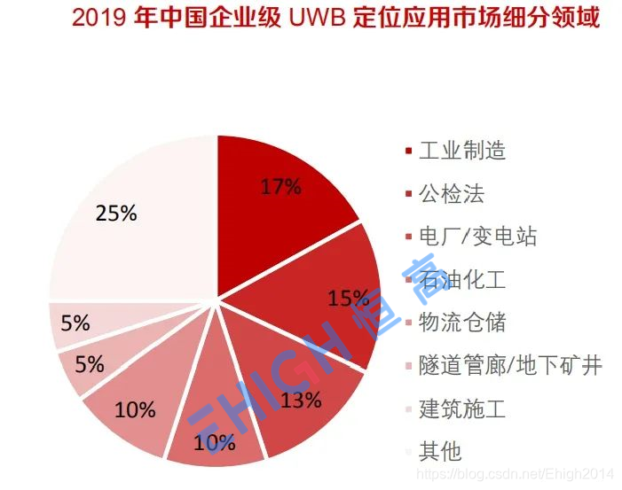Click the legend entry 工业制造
(x=461, y=151)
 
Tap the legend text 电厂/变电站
(x=477, y=237)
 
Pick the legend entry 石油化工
(x=461, y=280)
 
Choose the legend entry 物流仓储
(x=461, y=323)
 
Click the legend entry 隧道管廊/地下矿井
(x=510, y=365)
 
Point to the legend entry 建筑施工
(x=461, y=408)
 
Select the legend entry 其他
(x=440, y=451)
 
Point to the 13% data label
(x=302, y=400)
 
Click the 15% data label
(x=347, y=298)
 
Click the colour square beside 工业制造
(x=407, y=152)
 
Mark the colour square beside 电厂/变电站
(x=407, y=237)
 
